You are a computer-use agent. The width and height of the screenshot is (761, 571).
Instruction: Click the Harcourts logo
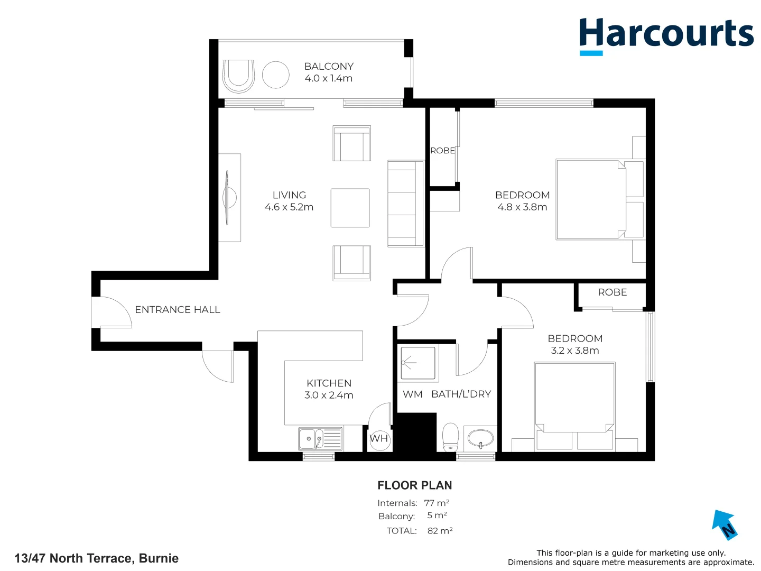coord(666,35)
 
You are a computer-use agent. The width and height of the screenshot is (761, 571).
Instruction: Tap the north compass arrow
coord(724,524)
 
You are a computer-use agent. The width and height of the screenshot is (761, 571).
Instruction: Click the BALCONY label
coord(329,67)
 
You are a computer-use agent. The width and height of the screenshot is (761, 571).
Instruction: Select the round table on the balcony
coord(276,75)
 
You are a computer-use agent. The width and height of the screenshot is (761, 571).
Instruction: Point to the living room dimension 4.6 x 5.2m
coord(289,207)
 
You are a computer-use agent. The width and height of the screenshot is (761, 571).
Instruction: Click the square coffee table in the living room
coord(350,208)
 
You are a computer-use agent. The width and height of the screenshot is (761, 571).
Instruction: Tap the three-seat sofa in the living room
coord(405,204)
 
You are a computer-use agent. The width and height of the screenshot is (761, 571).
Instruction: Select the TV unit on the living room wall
coord(230,198)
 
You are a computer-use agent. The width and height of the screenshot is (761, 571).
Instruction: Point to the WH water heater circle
coord(379,439)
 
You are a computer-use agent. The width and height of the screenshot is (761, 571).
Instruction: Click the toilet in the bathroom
coord(450,437)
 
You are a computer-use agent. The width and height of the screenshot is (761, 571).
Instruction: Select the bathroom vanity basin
coord(480,438)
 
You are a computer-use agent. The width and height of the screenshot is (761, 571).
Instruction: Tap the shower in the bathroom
coord(417,363)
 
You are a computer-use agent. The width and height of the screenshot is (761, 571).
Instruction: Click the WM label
coord(412,394)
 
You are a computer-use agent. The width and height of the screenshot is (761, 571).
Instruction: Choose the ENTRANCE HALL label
coord(178,310)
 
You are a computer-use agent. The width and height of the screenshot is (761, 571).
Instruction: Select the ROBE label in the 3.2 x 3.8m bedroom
coord(612,292)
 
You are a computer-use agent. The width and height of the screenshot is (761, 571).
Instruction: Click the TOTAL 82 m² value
coord(440,531)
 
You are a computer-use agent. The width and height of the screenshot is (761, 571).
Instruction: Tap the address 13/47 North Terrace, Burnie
coord(96,558)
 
